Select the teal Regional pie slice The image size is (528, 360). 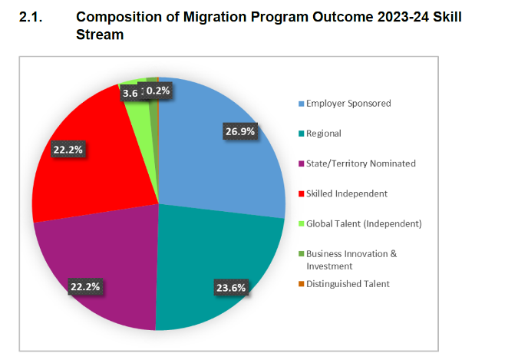click(223, 253)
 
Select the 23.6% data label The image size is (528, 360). click(230, 288)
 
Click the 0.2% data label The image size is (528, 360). click(159, 91)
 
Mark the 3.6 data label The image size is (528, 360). click(130, 93)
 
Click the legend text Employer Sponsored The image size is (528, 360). click(348, 104)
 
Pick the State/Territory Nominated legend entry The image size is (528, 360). click(361, 163)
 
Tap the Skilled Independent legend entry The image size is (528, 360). click(346, 193)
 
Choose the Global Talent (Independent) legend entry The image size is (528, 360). click(364, 223)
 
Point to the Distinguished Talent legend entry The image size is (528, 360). click(348, 284)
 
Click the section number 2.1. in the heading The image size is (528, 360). click(33, 17)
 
